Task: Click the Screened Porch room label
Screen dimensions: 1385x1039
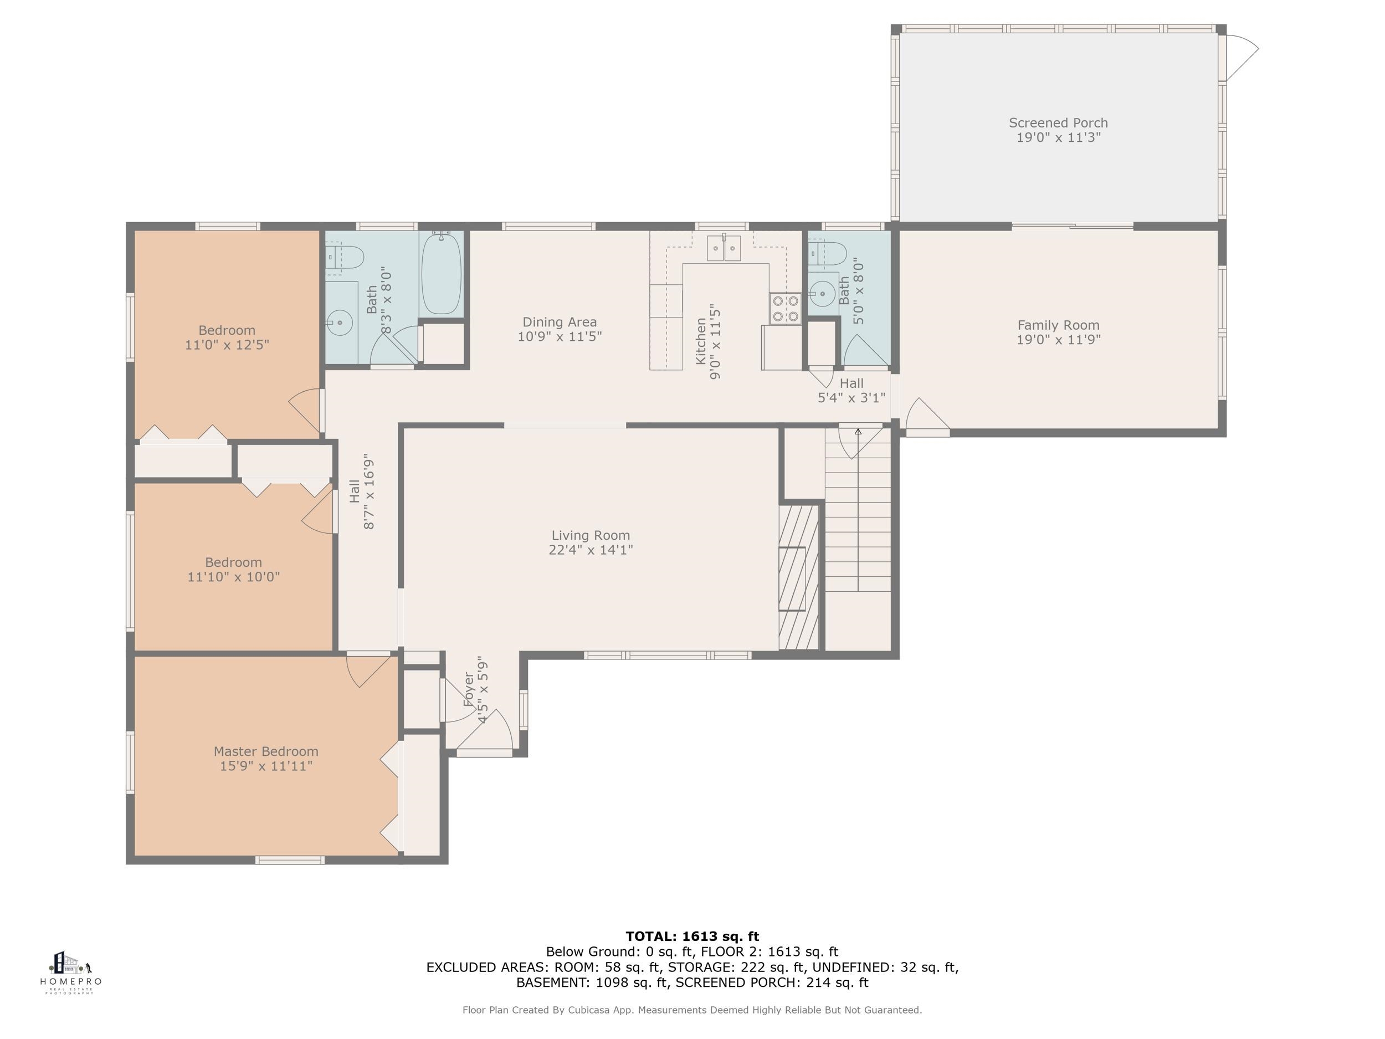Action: tap(1058, 123)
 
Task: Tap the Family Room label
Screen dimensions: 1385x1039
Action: tap(1058, 325)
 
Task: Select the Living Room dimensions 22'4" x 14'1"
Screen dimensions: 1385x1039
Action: tap(591, 550)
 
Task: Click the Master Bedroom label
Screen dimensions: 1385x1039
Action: tap(266, 751)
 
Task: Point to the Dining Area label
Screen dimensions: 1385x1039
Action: tap(560, 322)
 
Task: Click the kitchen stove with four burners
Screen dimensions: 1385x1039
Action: tap(786, 308)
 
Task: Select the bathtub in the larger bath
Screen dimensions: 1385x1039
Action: tap(442, 274)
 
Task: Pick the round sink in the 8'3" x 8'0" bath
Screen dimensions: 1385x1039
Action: tap(340, 323)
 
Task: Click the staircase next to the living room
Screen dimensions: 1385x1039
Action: tap(858, 509)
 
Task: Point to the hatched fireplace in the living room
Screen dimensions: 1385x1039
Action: tap(798, 577)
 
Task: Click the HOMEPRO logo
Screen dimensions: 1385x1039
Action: tap(71, 973)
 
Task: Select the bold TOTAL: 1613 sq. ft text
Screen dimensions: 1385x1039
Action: tap(692, 936)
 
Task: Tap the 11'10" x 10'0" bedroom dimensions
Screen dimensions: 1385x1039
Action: tap(234, 577)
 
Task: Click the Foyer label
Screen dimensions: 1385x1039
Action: tap(469, 689)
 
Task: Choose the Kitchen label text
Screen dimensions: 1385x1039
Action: tap(701, 341)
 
